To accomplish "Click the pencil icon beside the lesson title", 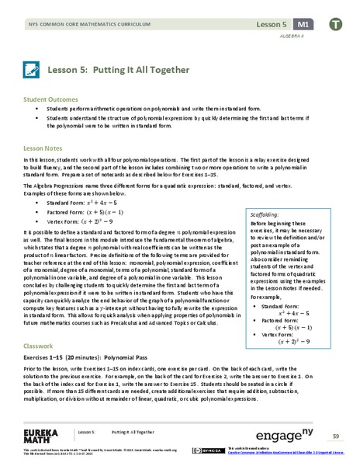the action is pos(33,70).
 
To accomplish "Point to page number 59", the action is pos(336,432).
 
